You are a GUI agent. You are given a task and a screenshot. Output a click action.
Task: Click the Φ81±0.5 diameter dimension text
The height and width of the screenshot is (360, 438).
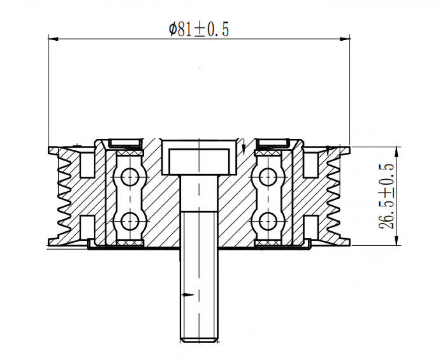click(199, 30)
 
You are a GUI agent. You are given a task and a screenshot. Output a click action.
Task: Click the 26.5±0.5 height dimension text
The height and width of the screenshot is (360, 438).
click(386, 196)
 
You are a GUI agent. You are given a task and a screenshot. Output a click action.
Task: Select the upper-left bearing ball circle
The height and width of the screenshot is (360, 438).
click(130, 177)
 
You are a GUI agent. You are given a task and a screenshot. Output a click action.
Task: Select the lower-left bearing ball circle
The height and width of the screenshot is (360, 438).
click(130, 221)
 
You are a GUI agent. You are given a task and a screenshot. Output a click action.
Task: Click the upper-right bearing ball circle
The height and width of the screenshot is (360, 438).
click(268, 177)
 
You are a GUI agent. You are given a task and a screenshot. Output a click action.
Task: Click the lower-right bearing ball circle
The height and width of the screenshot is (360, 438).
click(268, 221)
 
